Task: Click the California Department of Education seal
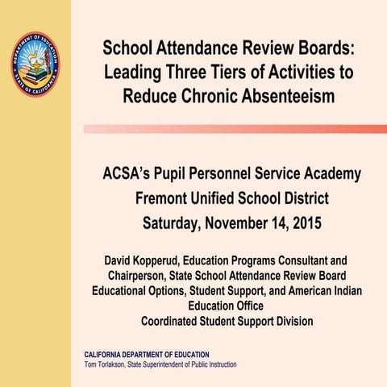point(35,64)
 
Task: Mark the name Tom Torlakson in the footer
point(107,365)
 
